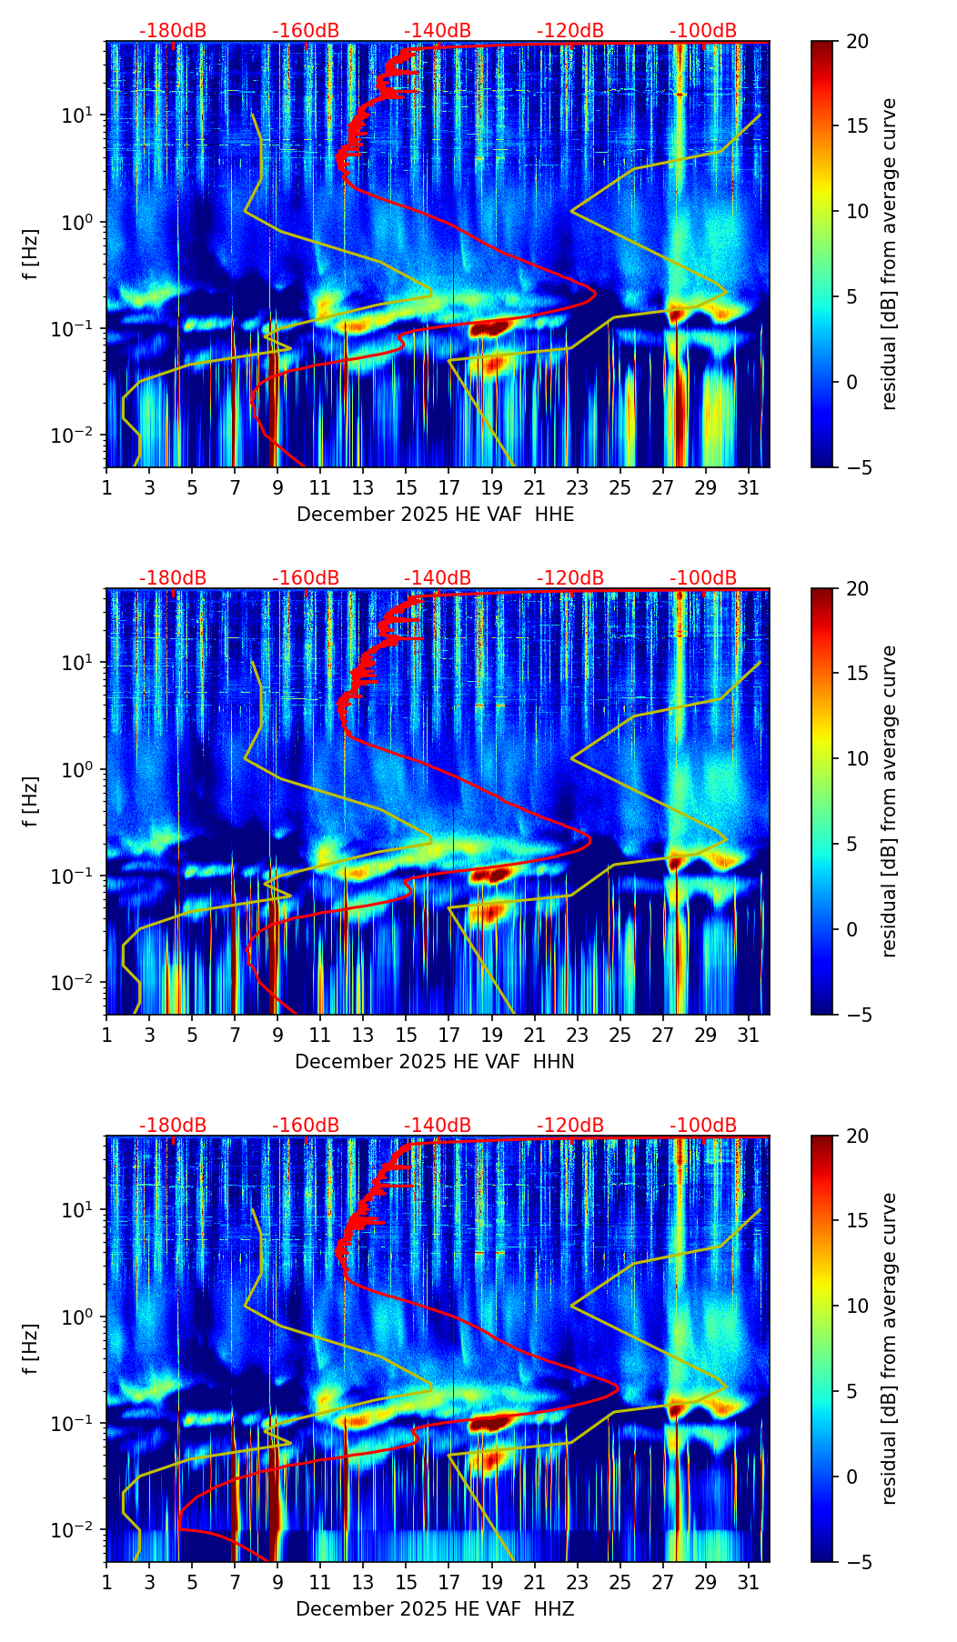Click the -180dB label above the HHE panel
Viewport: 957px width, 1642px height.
[173, 31]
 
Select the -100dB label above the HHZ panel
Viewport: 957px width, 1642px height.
[703, 1126]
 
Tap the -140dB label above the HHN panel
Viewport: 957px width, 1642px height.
[438, 578]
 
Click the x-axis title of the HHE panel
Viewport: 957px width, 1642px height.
[435, 515]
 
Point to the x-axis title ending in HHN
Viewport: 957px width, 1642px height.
[434, 1062]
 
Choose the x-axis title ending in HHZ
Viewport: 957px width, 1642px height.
[434, 1609]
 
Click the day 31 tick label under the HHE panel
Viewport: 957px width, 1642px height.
[749, 488]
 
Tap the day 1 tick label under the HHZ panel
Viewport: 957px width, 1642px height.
[107, 1583]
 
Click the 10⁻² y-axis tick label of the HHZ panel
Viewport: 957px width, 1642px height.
[75, 1530]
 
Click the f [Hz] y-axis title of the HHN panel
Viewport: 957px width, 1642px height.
[31, 801]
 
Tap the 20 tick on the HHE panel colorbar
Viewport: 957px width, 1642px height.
[857, 42]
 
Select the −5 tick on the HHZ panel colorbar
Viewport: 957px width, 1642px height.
[856, 1562]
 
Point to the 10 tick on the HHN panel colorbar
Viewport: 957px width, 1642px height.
[857, 758]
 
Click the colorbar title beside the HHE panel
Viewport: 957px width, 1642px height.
[889, 254]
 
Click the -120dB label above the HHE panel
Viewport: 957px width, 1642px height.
[570, 31]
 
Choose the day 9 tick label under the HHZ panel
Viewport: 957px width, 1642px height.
[277, 1583]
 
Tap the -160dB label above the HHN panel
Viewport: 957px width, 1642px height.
[306, 578]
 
